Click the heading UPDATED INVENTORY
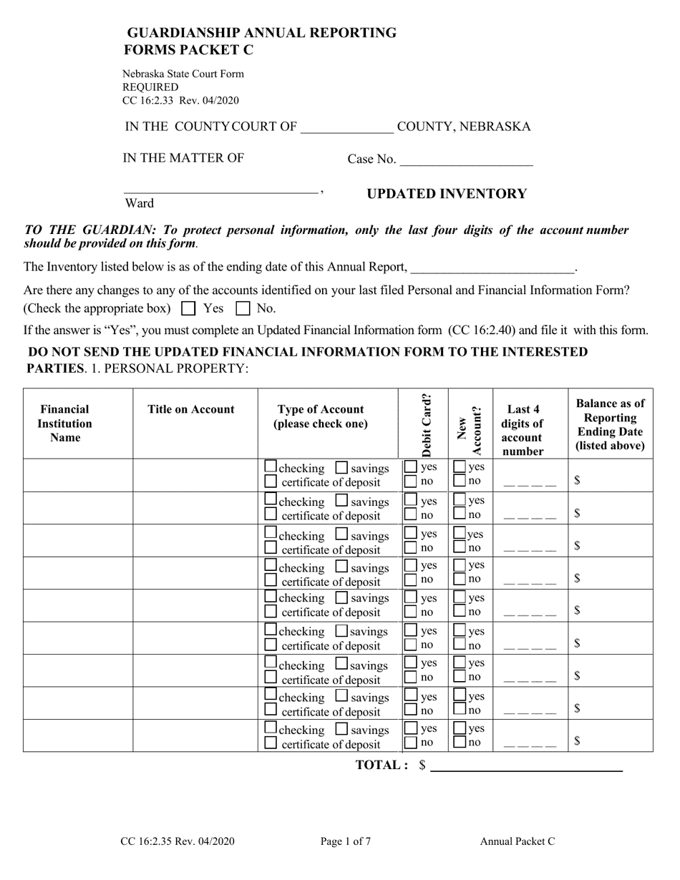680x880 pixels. coord(447,194)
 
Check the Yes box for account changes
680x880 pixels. coord(188,309)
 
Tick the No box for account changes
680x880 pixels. coord(243,309)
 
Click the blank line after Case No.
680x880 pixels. coord(465,160)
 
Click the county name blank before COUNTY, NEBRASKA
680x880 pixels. coord(346,128)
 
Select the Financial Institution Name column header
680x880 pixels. coord(65,423)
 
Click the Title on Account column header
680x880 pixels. coord(191,409)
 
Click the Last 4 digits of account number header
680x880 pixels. coord(523,430)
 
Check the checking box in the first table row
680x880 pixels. coord(271,466)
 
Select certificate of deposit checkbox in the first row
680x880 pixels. coord(271,481)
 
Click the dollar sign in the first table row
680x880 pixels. coord(577,480)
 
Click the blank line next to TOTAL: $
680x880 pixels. coord(526,766)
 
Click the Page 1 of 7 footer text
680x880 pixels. coord(346,842)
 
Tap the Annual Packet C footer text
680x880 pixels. coord(517,842)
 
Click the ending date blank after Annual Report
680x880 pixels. coord(492,268)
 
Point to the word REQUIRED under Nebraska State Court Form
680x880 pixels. coord(150,87)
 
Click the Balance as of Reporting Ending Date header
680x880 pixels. coord(610,424)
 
